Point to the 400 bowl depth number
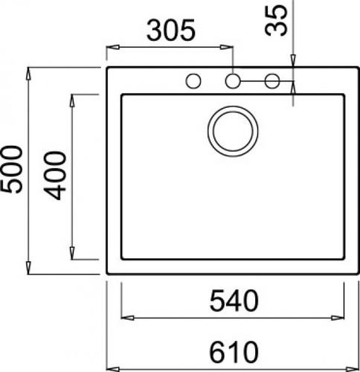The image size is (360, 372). pyautogui.click(x=56, y=176)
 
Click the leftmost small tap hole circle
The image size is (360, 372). pyautogui.click(x=194, y=80)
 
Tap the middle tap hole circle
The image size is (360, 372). pyautogui.click(x=234, y=80)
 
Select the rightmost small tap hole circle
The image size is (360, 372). pyautogui.click(x=271, y=80)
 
